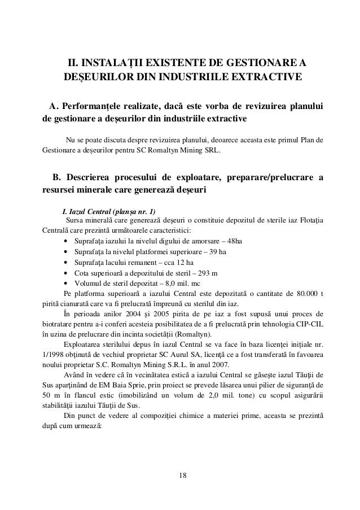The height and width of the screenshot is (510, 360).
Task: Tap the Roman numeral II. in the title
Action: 74,62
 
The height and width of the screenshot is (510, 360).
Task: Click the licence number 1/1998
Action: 56,356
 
